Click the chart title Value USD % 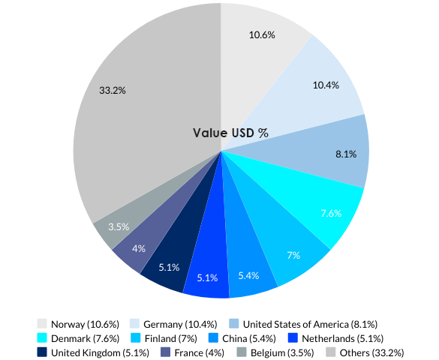coord(230,133)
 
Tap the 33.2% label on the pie coord(113,90)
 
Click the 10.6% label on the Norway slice coord(262,34)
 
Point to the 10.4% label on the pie coord(326,85)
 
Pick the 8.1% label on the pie coord(346,154)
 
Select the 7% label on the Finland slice coord(293,255)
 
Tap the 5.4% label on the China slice coord(248,275)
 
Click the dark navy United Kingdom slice coord(170,267)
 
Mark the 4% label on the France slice coord(138,248)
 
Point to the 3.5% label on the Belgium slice coord(119,226)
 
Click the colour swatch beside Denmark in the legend coord(42,338)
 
